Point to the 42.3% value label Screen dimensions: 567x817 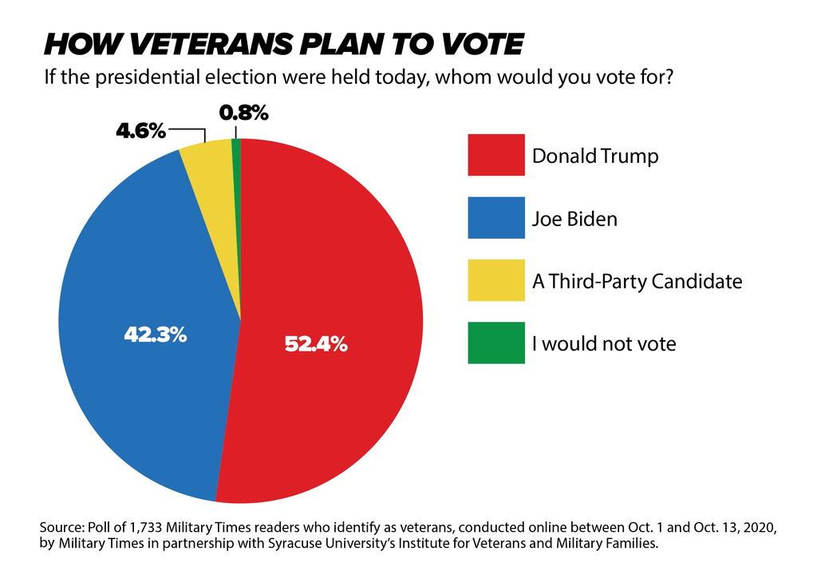[155, 335]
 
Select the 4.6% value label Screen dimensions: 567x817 [140, 131]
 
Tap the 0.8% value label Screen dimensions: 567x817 [243, 113]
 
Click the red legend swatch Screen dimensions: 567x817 [496, 154]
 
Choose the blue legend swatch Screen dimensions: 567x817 [496, 217]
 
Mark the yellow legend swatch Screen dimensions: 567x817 [496, 280]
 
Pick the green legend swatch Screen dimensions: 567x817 [496, 343]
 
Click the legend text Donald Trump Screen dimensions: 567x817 [595, 156]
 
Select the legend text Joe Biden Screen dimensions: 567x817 [574, 218]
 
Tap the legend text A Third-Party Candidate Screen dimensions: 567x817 [637, 281]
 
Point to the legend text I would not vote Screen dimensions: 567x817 [604, 344]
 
